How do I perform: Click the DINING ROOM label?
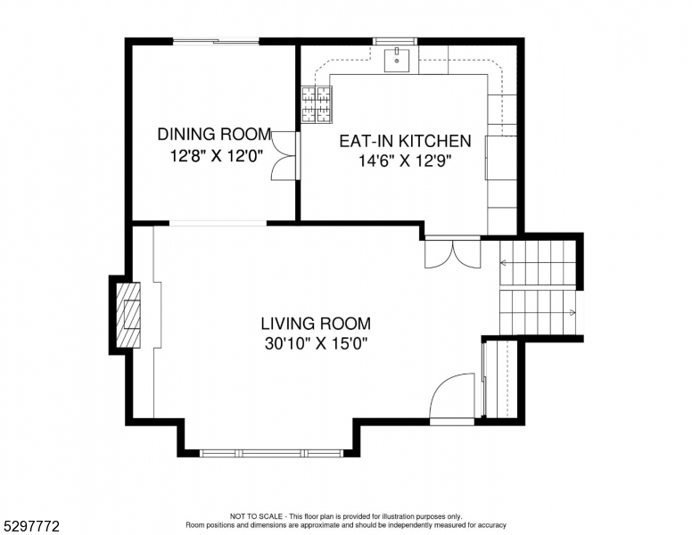215,134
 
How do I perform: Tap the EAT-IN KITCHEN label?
405,141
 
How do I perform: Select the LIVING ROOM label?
316,324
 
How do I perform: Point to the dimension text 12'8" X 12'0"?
217,155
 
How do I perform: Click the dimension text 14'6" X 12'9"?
405,161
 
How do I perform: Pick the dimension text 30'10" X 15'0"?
316,343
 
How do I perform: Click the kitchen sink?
396,60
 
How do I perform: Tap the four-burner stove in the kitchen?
317,104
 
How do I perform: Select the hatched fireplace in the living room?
128,315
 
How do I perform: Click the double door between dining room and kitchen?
284,155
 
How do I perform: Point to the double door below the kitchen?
452,252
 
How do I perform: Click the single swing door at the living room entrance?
452,396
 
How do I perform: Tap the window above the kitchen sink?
394,42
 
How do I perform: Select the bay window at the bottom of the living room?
271,453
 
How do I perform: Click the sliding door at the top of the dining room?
216,42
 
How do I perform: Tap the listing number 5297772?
31,526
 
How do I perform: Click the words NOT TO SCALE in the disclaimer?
256,516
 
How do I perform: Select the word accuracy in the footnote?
492,525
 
